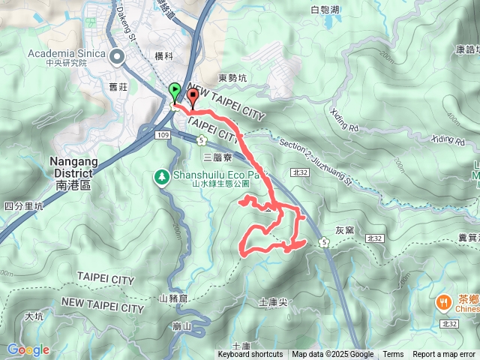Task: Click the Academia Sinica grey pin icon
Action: coord(117,55)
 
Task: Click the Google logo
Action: coord(28,349)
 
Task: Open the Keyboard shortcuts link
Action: coord(250,355)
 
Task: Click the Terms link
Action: coord(393,355)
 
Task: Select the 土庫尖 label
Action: coord(273,302)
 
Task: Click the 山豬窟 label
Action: coord(173,298)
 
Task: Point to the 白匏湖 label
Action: coord(325,10)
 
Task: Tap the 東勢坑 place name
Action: coord(232,77)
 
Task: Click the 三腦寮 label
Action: coord(218,157)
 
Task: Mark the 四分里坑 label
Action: coord(23,204)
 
